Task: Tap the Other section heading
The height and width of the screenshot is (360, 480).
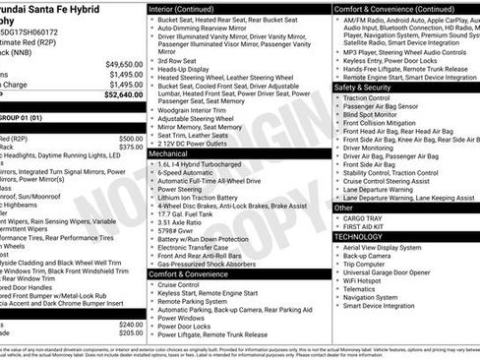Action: [343, 208]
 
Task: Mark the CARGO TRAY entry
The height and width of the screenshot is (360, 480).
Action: [365, 218]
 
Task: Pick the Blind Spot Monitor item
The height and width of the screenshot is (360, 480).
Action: [373, 116]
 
